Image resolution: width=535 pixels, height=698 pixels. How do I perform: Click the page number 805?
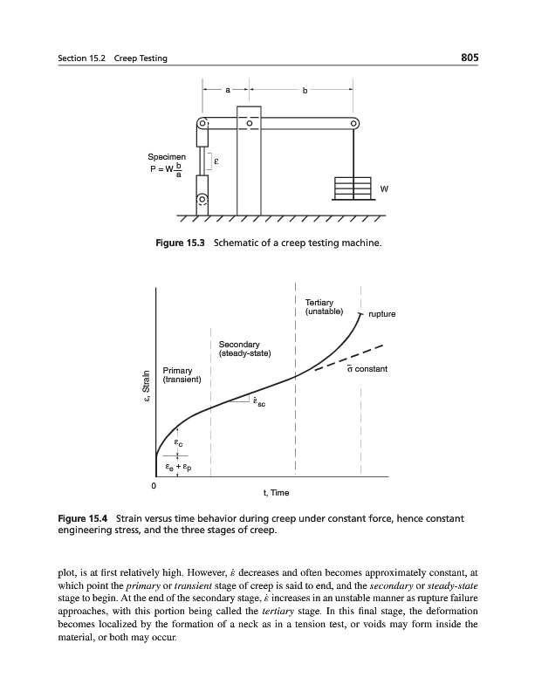coord(472,58)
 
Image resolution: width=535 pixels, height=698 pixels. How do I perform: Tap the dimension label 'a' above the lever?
coord(227,88)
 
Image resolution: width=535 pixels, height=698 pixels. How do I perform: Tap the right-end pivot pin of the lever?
coord(353,123)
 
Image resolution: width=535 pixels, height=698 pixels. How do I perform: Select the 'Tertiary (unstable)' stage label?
coord(324,306)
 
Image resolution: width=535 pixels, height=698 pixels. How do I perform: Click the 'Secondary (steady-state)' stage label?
coord(245,348)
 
